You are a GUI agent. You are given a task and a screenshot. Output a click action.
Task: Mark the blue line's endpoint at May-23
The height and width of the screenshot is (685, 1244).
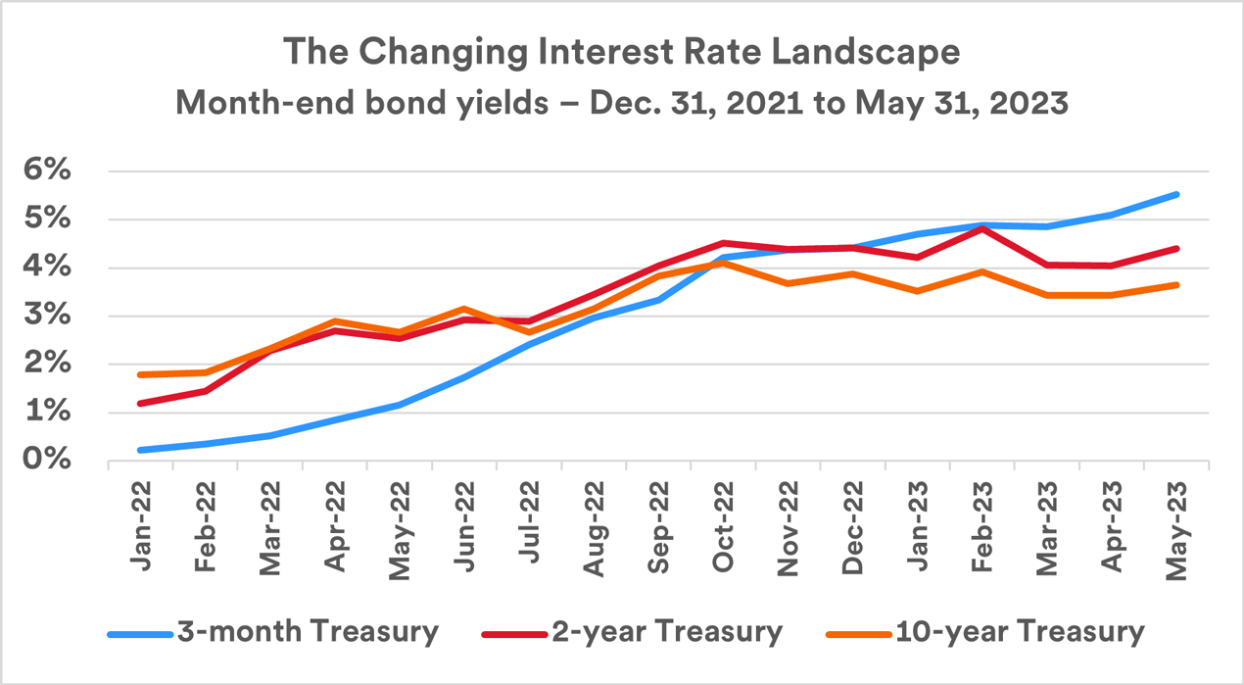(1176, 194)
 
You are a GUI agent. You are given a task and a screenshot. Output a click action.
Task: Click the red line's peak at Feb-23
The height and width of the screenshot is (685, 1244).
(982, 228)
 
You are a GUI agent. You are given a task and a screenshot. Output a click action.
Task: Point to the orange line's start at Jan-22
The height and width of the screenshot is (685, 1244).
(140, 374)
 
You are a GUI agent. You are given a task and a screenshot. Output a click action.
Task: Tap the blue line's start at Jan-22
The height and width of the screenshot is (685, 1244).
(140, 450)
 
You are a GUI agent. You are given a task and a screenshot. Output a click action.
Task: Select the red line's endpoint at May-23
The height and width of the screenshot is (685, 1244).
(1176, 249)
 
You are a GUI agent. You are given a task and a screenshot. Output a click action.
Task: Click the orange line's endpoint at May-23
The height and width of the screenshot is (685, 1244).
(1176, 285)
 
